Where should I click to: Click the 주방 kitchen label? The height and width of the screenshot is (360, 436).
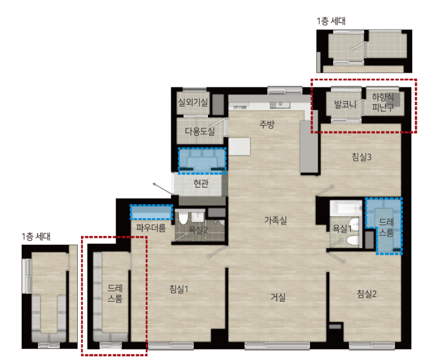pyautogui.click(x=267, y=124)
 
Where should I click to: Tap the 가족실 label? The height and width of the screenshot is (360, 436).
pyautogui.click(x=275, y=221)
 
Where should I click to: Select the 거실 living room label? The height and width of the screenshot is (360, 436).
pyautogui.click(x=278, y=297)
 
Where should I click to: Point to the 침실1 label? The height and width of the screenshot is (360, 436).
pyautogui.click(x=179, y=289)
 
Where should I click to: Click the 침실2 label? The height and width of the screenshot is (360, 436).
pyautogui.click(x=367, y=293)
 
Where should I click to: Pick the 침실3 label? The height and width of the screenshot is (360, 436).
pyautogui.click(x=361, y=157)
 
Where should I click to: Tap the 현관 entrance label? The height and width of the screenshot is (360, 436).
pyautogui.click(x=201, y=183)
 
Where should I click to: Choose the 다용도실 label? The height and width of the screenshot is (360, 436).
pyautogui.click(x=200, y=131)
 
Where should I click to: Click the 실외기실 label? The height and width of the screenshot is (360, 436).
pyautogui.click(x=193, y=102)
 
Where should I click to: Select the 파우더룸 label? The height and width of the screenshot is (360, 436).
pyautogui.click(x=151, y=228)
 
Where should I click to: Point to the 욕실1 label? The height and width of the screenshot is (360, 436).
pyautogui.click(x=342, y=229)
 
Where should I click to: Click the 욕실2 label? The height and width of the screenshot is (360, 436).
pyautogui.click(x=198, y=230)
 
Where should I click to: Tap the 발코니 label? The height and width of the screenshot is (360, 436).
pyautogui.click(x=345, y=105)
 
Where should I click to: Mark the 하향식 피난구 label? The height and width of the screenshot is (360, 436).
pyautogui.click(x=383, y=102)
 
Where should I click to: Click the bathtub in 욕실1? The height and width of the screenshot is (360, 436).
pyautogui.click(x=346, y=208)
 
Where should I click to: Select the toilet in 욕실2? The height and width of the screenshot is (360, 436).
pyautogui.click(x=183, y=218)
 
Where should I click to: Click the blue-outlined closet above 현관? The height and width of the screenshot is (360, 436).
pyautogui.click(x=202, y=161)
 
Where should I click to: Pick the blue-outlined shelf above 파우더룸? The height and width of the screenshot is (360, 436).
pyautogui.click(x=151, y=212)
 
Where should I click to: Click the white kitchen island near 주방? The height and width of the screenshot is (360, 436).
pyautogui.click(x=239, y=146)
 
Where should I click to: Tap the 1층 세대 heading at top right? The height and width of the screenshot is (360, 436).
pyautogui.click(x=331, y=21)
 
